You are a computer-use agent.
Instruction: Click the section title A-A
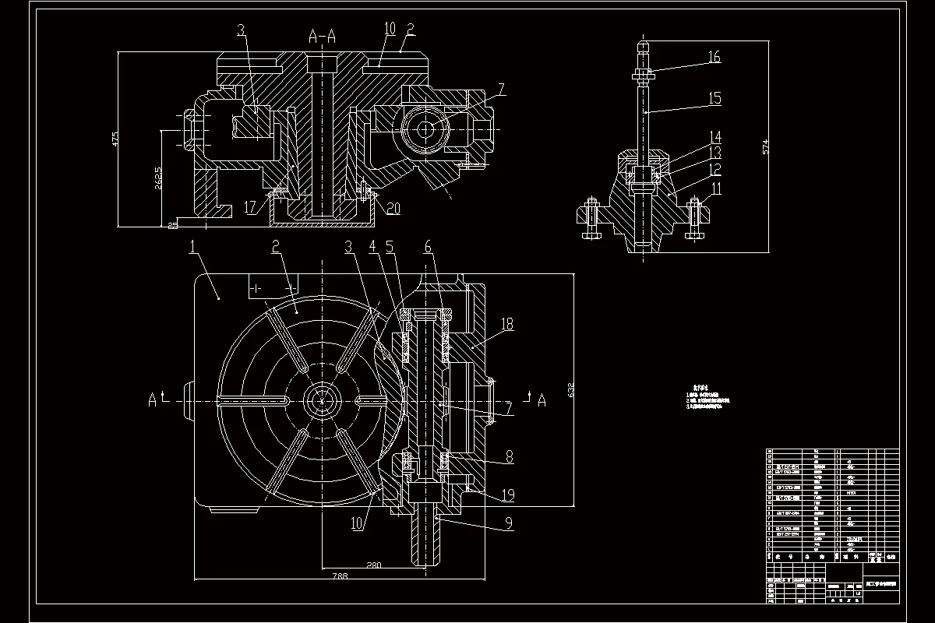(323, 35)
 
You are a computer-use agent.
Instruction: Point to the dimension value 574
(765, 146)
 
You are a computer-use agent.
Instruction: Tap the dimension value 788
(318, 577)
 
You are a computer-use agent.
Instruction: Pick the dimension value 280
(374, 565)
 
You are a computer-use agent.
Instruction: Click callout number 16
(714, 57)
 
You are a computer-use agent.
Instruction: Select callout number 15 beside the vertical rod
(714, 98)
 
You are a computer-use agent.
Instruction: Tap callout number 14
(714, 136)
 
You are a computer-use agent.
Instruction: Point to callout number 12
(714, 168)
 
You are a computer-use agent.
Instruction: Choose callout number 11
(714, 188)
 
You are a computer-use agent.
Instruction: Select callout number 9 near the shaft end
(509, 524)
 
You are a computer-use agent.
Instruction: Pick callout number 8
(509, 457)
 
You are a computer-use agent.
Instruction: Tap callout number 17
(249, 207)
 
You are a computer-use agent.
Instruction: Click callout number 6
(428, 246)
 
